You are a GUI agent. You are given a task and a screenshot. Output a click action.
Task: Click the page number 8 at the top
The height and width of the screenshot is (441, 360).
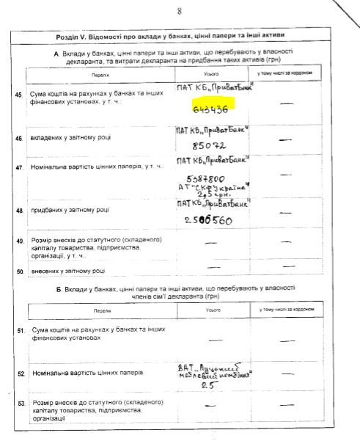(178, 11)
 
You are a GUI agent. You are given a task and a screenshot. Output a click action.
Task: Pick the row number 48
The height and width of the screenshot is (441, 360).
(18, 211)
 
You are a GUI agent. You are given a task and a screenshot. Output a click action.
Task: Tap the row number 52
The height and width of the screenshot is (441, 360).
(19, 373)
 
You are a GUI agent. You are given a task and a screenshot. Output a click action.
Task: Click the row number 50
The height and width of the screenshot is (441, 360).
(19, 271)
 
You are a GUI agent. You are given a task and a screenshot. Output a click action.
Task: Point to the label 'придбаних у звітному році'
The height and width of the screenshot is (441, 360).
(71, 211)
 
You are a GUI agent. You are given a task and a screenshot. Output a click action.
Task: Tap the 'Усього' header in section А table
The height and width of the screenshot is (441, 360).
(212, 75)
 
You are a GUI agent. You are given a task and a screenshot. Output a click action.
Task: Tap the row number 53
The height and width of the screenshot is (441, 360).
(19, 404)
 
